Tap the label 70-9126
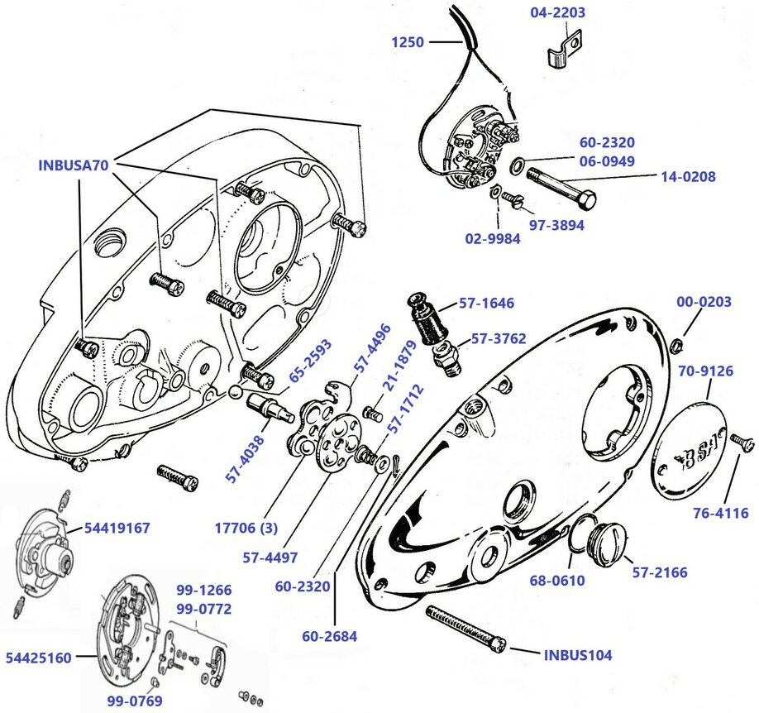705,371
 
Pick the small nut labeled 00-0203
675,342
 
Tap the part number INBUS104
578,655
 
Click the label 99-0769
134,701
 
